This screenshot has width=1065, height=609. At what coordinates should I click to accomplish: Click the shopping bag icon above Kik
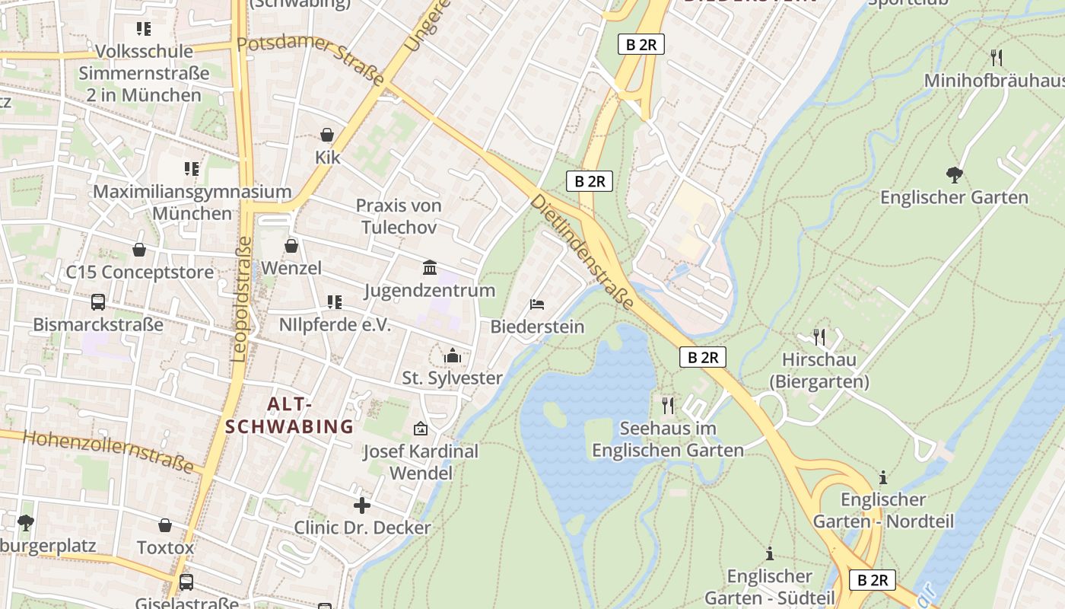[327, 135]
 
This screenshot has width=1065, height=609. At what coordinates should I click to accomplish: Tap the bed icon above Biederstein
[537, 304]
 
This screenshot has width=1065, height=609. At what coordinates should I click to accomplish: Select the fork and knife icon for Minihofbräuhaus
[997, 57]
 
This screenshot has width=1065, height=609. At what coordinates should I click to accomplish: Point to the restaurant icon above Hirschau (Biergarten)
[819, 336]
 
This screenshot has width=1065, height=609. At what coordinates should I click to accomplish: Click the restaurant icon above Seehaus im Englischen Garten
[668, 405]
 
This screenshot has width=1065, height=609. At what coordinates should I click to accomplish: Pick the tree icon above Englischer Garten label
[954, 175]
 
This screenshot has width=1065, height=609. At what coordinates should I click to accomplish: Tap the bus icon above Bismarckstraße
[98, 302]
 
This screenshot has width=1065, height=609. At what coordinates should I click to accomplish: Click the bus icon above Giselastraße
[186, 582]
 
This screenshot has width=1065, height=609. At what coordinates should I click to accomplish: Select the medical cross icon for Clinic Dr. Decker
[362, 505]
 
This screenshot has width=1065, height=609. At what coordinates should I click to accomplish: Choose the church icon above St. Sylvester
[453, 356]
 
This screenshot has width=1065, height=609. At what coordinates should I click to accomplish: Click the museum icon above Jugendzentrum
[430, 267]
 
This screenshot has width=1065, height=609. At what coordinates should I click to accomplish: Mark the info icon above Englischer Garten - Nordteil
[883, 477]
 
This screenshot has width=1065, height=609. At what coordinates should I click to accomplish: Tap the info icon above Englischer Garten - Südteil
[770, 553]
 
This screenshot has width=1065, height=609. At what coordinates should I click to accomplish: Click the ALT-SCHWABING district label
[290, 415]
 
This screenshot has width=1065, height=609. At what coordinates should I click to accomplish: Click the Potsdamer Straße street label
[311, 59]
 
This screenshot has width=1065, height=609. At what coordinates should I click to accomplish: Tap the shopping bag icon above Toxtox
[165, 525]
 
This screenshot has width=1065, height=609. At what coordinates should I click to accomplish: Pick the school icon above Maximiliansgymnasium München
[192, 169]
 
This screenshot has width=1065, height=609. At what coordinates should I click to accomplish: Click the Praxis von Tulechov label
[399, 216]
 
